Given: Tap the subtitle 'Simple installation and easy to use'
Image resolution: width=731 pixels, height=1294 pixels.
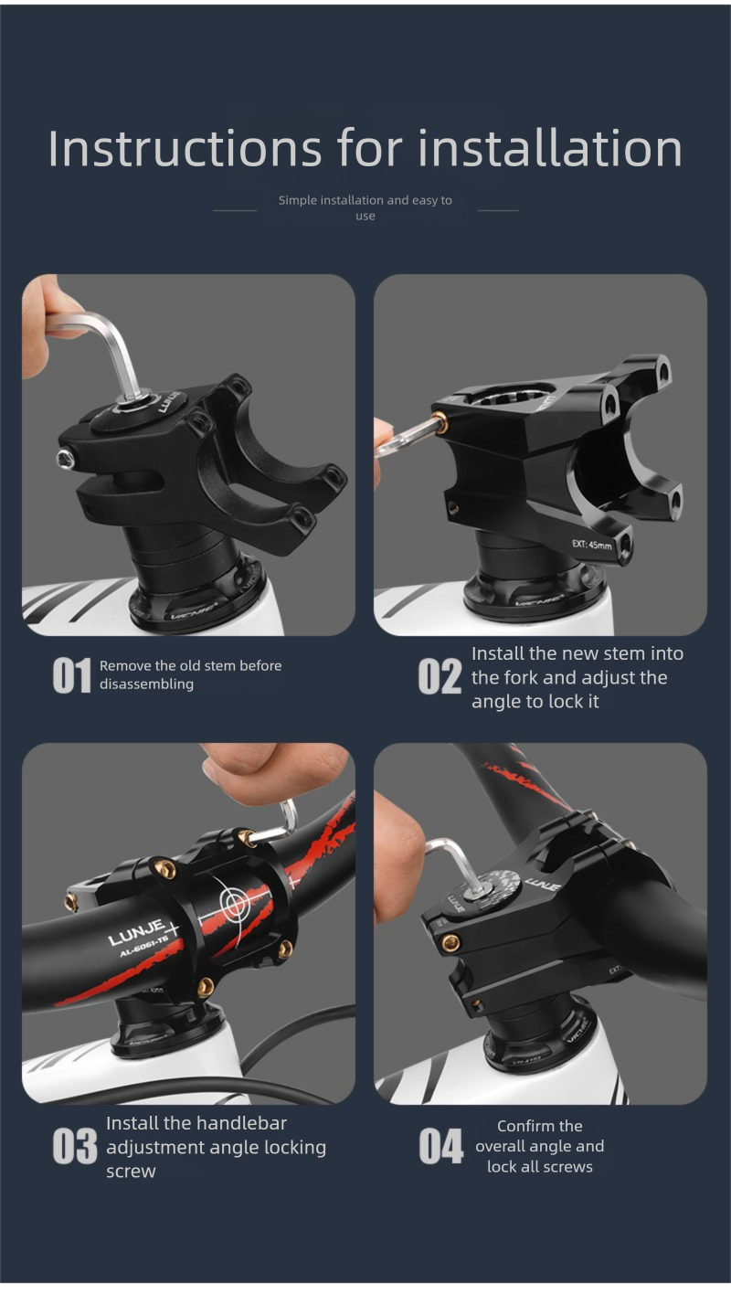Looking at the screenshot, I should [365, 207].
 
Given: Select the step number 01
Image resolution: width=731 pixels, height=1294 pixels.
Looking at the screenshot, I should [72, 675].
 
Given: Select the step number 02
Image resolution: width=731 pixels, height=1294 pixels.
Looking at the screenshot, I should [440, 676].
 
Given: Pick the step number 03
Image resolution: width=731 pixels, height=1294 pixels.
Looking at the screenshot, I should [75, 1146].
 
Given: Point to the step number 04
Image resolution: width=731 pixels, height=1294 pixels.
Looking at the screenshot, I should [440, 1146].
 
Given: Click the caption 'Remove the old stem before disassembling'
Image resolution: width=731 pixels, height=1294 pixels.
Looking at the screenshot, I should [190, 674].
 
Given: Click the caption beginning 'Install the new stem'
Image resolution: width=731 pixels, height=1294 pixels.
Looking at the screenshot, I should [577, 677].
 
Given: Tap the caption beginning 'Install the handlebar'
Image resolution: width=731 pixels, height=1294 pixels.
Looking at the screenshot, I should [216, 1146].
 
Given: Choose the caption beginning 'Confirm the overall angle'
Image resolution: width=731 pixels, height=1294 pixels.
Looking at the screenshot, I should [539, 1146].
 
